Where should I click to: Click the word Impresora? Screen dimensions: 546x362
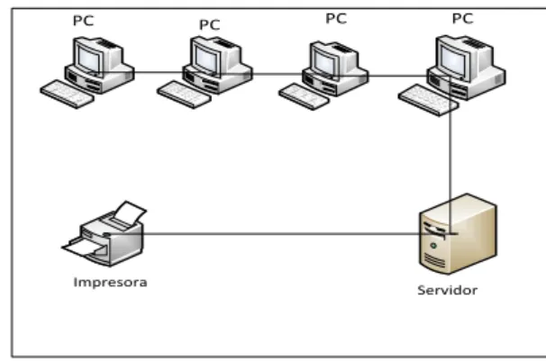pyautogui.click(x=111, y=282)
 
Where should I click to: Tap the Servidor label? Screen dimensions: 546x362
pyautogui.click(x=448, y=290)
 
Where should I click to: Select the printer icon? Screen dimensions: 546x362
pyautogui.click(x=105, y=233)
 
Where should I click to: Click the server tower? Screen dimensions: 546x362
pyautogui.click(x=459, y=234)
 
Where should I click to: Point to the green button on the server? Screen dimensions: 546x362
pyautogui.click(x=433, y=246)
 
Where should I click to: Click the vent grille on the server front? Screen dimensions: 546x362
pyautogui.click(x=433, y=261)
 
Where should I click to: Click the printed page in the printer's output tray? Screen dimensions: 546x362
pyautogui.click(x=84, y=249)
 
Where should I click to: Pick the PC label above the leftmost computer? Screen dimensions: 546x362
pyautogui.click(x=84, y=21)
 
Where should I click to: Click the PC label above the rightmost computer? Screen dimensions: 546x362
pyautogui.click(x=462, y=18)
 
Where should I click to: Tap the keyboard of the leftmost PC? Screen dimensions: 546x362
pyautogui.click(x=68, y=94)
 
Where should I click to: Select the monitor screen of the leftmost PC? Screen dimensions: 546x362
pyautogui.click(x=89, y=59)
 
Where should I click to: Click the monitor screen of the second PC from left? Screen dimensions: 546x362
pyautogui.click(x=205, y=59)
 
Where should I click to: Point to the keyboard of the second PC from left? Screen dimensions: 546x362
pyautogui.click(x=184, y=95)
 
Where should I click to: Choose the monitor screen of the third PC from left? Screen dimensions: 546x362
pyautogui.click(x=323, y=62)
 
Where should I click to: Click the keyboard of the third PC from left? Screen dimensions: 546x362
pyautogui.click(x=304, y=96)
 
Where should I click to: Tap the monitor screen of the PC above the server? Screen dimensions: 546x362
pyautogui.click(x=452, y=59)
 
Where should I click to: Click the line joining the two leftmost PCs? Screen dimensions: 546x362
pyautogui.click(x=159, y=72)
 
